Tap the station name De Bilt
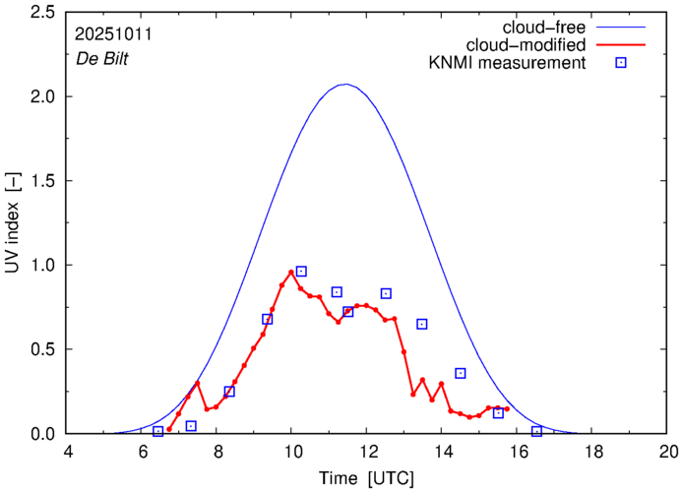103,58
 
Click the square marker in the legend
621,63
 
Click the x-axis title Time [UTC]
367,478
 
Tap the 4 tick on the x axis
68,451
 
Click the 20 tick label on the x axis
669,451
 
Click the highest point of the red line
291,272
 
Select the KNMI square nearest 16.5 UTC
536,431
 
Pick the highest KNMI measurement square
301,271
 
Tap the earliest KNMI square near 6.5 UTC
157,431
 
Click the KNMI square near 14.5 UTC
461,373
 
